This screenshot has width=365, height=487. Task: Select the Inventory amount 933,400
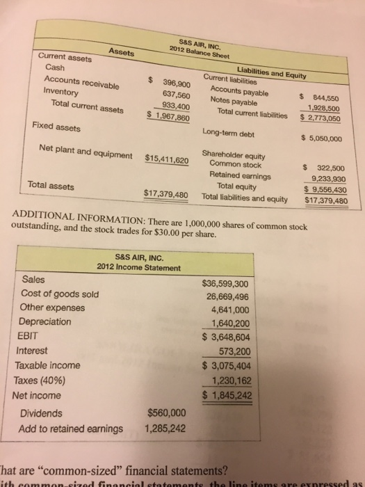[x=177, y=105]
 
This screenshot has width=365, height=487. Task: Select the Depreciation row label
[x=47, y=324]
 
